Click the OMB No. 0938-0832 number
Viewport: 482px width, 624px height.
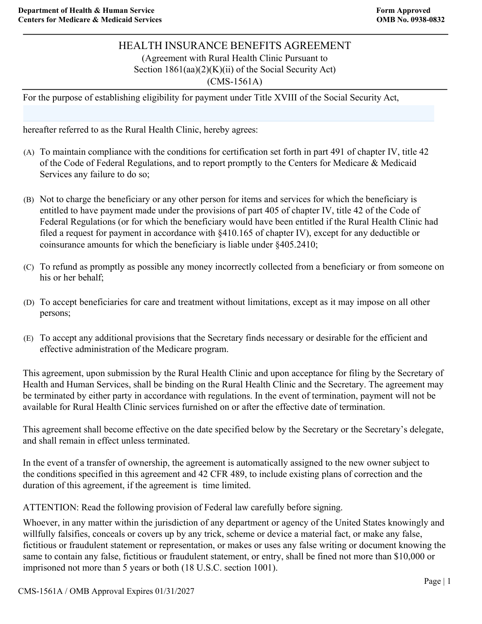(x=411, y=20)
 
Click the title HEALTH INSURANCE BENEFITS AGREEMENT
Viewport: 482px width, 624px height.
(x=235, y=46)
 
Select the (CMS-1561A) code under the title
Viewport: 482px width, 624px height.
(x=235, y=82)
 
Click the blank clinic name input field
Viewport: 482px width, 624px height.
(x=229, y=113)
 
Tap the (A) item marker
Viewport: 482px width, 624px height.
(x=29, y=152)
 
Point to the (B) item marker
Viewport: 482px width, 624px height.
(x=29, y=200)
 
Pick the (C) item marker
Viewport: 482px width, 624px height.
(x=29, y=267)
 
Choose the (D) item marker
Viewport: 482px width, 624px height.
(x=29, y=303)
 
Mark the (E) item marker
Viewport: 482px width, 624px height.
(x=29, y=338)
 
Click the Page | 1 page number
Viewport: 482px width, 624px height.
(x=437, y=581)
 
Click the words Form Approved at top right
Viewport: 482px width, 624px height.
(x=403, y=10)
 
